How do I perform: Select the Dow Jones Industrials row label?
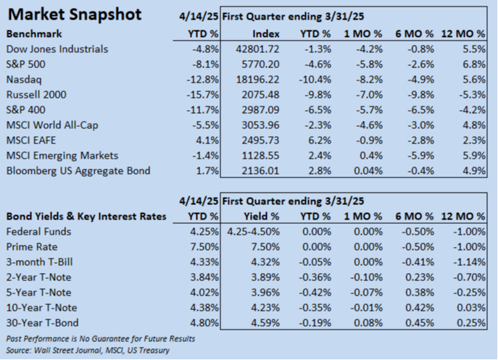click(x=57, y=49)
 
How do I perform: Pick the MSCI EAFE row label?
click(x=30, y=140)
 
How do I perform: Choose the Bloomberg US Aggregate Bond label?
click(x=78, y=170)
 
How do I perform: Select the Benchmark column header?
click(x=34, y=33)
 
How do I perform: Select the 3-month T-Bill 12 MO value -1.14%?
click(x=468, y=261)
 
